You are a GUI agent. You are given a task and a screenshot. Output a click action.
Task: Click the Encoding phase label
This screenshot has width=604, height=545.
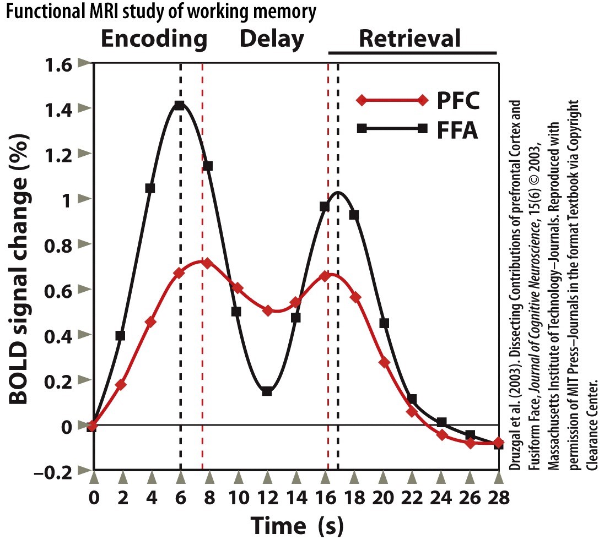tap(154, 40)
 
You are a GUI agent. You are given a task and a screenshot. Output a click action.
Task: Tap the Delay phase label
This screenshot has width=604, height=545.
tap(272, 40)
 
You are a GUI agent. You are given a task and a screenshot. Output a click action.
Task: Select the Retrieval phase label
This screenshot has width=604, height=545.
tap(409, 40)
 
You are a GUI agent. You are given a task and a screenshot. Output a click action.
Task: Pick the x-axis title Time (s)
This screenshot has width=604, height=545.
tap(297, 525)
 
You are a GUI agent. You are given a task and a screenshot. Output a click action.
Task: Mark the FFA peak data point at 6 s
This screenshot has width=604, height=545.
tap(179, 106)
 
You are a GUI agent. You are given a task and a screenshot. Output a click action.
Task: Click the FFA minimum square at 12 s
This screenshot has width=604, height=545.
tap(267, 391)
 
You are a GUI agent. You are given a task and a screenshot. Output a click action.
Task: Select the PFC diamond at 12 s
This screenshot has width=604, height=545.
tap(268, 310)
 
